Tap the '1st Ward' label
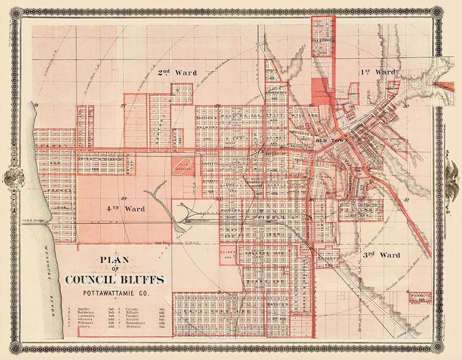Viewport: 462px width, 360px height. [x=378, y=72]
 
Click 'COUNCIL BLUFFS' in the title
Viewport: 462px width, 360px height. [x=114, y=280]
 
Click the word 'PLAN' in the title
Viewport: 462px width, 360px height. [x=114, y=260]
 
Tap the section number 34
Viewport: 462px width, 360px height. [x=123, y=198]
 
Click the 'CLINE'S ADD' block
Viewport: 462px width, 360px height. [x=227, y=256]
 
